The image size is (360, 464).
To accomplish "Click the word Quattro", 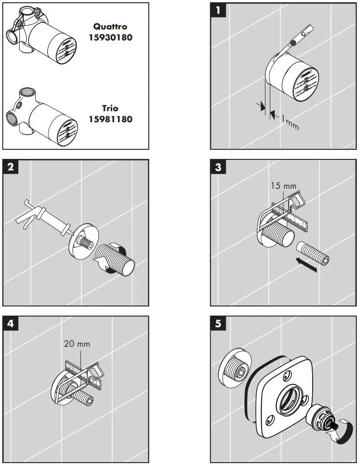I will (110, 27).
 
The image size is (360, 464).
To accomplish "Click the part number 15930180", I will (110, 38).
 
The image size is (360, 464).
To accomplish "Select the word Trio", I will (110, 108).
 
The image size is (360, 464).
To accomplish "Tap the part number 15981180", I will (110, 119).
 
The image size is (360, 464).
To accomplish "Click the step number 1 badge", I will (218, 10).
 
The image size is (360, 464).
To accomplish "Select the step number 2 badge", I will (11, 167).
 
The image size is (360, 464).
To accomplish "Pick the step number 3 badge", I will (218, 167).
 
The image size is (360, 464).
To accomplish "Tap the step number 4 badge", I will (11, 323).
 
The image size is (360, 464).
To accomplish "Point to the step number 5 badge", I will (218, 323).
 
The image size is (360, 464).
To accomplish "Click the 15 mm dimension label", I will (284, 186).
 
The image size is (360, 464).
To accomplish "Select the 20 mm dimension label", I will (77, 343).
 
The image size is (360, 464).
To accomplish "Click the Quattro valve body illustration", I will (41, 41).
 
